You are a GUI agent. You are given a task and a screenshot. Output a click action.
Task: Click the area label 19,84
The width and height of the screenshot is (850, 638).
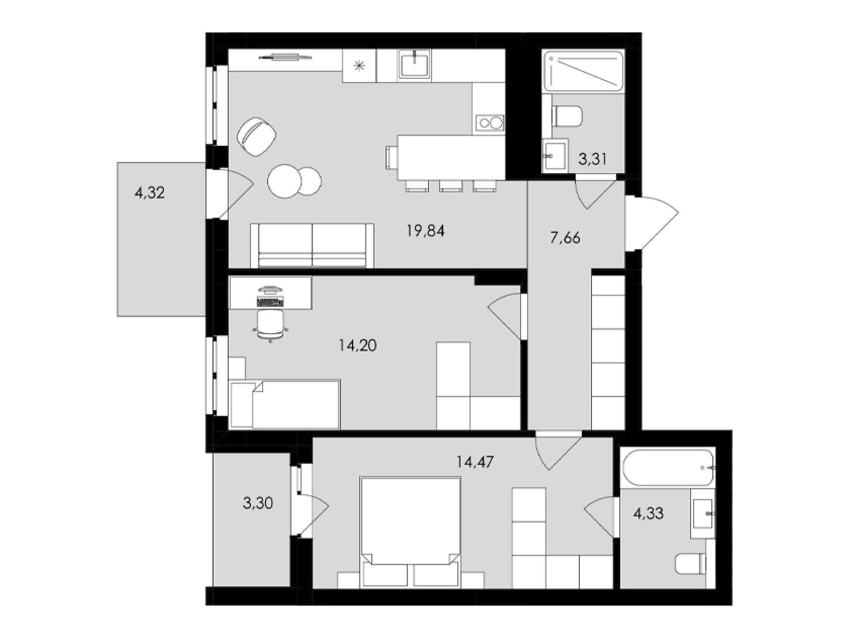point(425,231)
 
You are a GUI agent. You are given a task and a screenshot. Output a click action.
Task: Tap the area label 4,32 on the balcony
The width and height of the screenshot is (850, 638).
point(149,192)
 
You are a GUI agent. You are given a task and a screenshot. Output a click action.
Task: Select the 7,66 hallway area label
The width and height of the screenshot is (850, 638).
point(565,238)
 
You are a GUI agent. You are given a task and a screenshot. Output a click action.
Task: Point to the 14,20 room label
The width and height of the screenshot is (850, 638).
point(358,345)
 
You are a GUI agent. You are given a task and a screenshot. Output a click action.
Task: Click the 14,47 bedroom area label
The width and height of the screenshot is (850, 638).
point(475,461)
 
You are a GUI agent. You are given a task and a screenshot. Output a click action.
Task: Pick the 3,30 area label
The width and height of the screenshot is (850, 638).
point(258,503)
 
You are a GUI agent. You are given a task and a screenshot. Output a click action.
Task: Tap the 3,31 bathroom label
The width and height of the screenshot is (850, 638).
point(592,159)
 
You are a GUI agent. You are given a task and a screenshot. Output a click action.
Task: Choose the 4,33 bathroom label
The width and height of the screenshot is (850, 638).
point(648,513)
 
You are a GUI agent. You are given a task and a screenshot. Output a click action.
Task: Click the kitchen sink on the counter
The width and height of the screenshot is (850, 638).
point(414,64)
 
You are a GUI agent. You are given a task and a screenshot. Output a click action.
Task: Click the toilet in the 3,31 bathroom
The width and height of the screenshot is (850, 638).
point(567,116)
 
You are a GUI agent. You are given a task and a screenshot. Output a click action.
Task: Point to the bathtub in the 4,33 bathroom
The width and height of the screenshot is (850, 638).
point(668,467)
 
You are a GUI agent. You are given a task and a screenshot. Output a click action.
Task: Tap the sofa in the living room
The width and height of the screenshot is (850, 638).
point(312,245)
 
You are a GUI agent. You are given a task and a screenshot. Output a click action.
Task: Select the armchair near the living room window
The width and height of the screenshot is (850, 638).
point(257,137)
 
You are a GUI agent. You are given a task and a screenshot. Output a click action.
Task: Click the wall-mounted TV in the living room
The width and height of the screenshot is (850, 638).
point(285,57)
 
